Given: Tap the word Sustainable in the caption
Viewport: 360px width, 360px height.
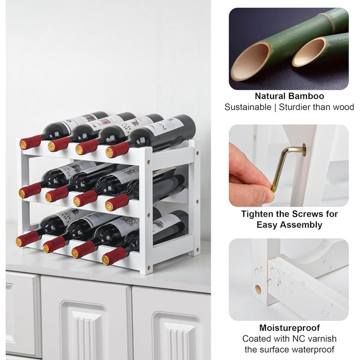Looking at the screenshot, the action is (248, 107).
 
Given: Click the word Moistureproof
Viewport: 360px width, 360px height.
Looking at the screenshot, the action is (289, 328).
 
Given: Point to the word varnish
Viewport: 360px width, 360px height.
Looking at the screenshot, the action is (322, 338).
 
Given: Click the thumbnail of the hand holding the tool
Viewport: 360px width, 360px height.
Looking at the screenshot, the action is (289, 166).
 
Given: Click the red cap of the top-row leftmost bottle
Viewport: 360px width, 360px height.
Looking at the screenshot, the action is (31, 142).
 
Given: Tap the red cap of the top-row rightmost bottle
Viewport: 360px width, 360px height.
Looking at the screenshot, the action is (118, 150).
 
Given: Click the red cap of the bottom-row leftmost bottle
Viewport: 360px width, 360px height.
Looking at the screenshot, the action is (27, 239).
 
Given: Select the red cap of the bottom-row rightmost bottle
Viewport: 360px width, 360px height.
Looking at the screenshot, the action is (114, 256).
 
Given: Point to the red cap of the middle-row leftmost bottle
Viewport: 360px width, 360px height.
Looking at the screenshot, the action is (30, 191).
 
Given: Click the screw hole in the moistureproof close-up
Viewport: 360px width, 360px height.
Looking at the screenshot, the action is (258, 289).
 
